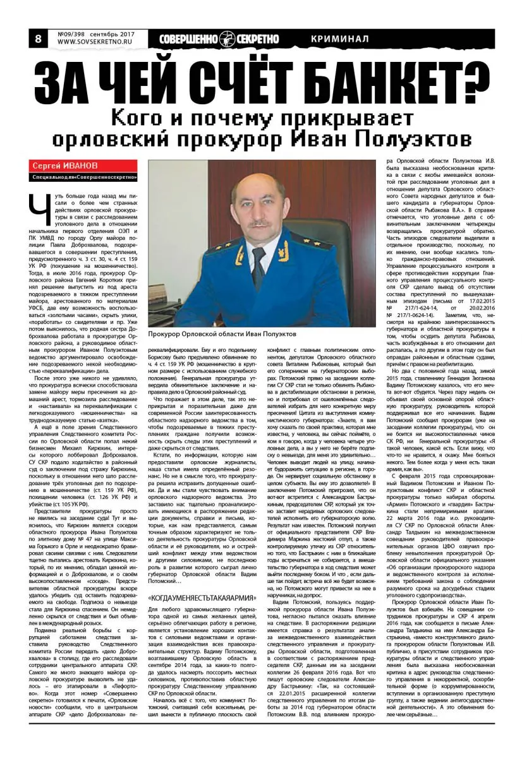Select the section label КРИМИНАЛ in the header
(x=340, y=39)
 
